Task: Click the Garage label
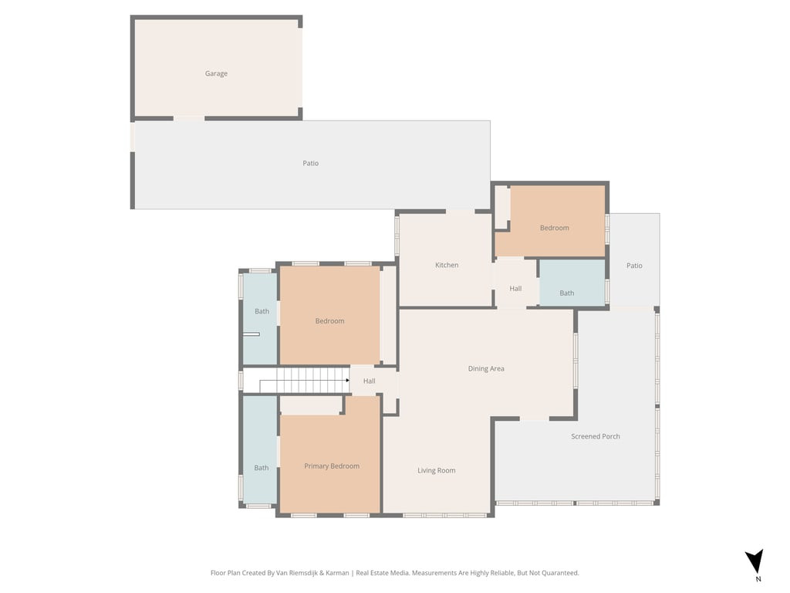click(x=216, y=74)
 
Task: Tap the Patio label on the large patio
click(x=310, y=163)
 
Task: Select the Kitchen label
click(x=447, y=266)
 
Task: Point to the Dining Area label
click(x=486, y=369)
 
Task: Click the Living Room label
click(x=437, y=471)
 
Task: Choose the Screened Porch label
click(x=596, y=437)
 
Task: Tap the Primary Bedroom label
click(x=332, y=466)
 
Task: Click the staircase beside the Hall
click(x=305, y=380)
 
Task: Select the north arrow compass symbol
click(x=754, y=561)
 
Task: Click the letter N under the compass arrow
click(x=758, y=579)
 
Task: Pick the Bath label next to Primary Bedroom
click(x=262, y=468)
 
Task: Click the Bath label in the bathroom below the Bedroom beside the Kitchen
click(x=567, y=293)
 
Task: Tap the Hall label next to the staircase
click(x=370, y=381)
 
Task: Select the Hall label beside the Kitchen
click(x=515, y=289)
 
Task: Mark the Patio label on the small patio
click(x=634, y=266)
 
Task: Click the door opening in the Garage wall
click(x=189, y=118)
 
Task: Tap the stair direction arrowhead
click(x=347, y=380)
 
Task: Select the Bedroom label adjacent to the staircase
click(x=329, y=321)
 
